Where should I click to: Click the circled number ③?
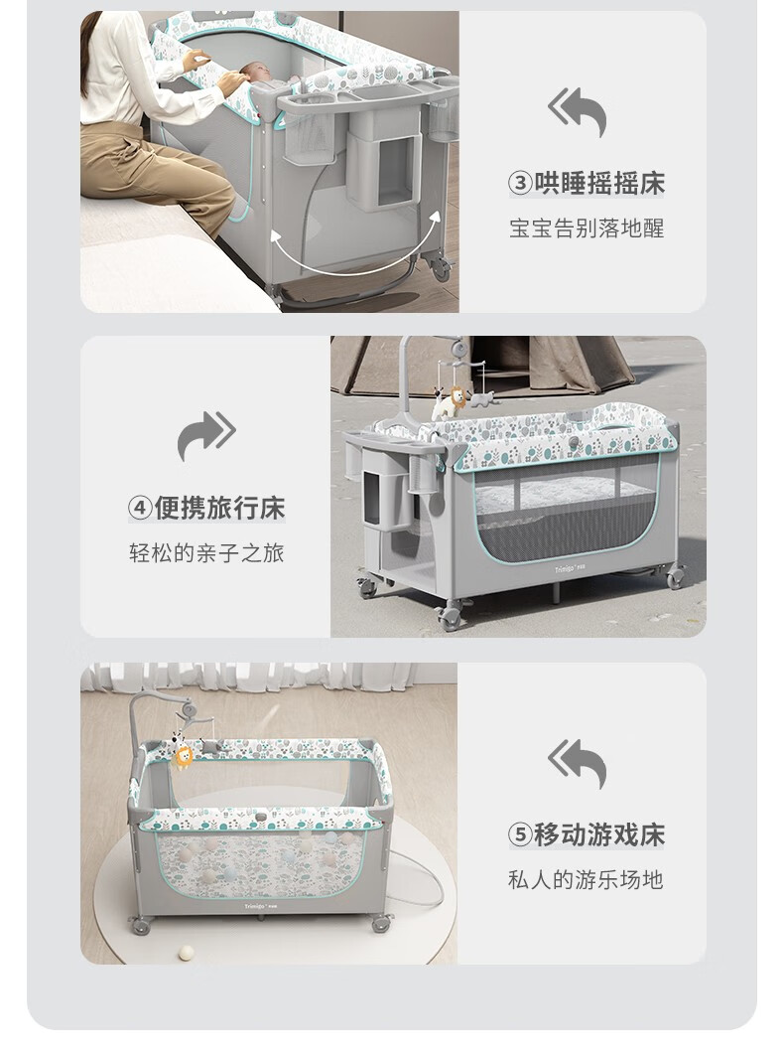(520, 184)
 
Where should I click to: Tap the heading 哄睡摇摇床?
(599, 184)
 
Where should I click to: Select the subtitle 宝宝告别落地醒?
(586, 228)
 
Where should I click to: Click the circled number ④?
(140, 508)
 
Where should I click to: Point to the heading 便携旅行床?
(219, 508)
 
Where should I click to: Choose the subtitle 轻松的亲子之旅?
(206, 552)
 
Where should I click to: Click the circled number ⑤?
(520, 834)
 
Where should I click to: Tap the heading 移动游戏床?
(599, 834)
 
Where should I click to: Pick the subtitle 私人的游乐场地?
(586, 880)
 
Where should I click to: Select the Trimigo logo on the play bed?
(260, 906)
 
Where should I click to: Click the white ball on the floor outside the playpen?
(186, 953)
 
